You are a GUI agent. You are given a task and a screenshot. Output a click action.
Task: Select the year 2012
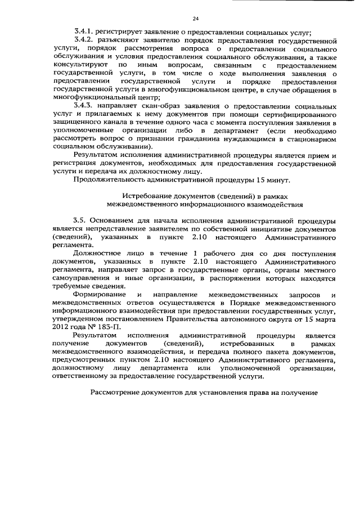pyautogui.click(x=60, y=326)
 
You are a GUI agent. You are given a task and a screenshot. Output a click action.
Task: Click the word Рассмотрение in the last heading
pyautogui.click(x=119, y=391)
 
